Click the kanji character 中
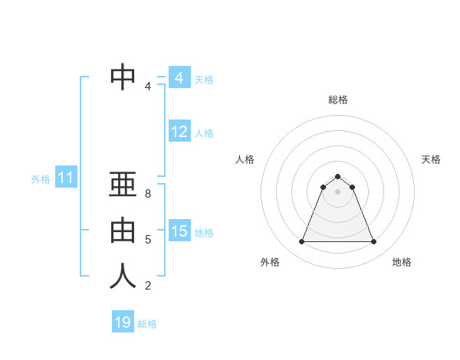pyautogui.click(x=123, y=77)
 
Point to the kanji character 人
pyautogui.click(x=123, y=276)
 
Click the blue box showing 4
pyautogui.click(x=179, y=77)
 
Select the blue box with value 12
pyautogui.click(x=179, y=132)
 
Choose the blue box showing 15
pyautogui.click(x=179, y=231)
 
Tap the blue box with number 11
pyautogui.click(x=65, y=178)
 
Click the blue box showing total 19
pyautogui.click(x=123, y=322)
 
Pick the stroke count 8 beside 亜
pyautogui.click(x=148, y=194)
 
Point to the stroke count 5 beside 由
pyautogui.click(x=148, y=240)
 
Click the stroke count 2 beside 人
pyautogui.click(x=148, y=286)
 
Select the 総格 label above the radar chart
pyautogui.click(x=337, y=100)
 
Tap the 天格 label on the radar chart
pyautogui.click(x=432, y=159)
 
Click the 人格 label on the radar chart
pyautogui.click(x=245, y=159)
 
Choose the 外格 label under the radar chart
pyautogui.click(x=270, y=262)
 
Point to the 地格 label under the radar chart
pyautogui.click(x=402, y=262)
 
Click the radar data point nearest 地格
pyautogui.click(x=373, y=242)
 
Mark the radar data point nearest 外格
pyautogui.click(x=301, y=242)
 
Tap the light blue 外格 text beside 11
pyautogui.click(x=41, y=179)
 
